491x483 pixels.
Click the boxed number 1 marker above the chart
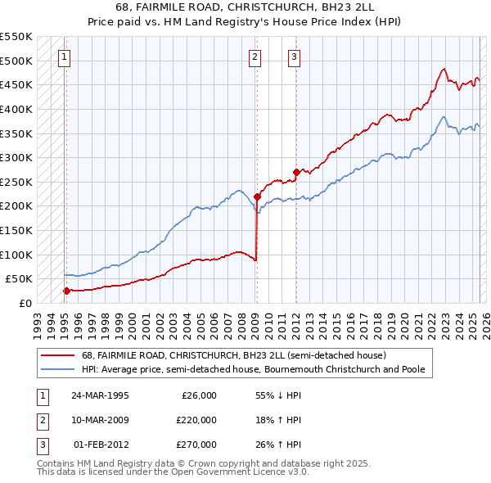click(64, 56)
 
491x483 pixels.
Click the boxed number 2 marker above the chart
click(255, 56)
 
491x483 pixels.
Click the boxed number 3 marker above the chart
click(294, 56)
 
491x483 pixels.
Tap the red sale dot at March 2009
click(257, 196)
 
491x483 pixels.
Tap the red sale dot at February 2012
click(295, 172)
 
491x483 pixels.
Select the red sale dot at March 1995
click(66, 290)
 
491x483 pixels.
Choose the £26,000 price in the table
click(197, 395)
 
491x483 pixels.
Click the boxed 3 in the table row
click(40, 445)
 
